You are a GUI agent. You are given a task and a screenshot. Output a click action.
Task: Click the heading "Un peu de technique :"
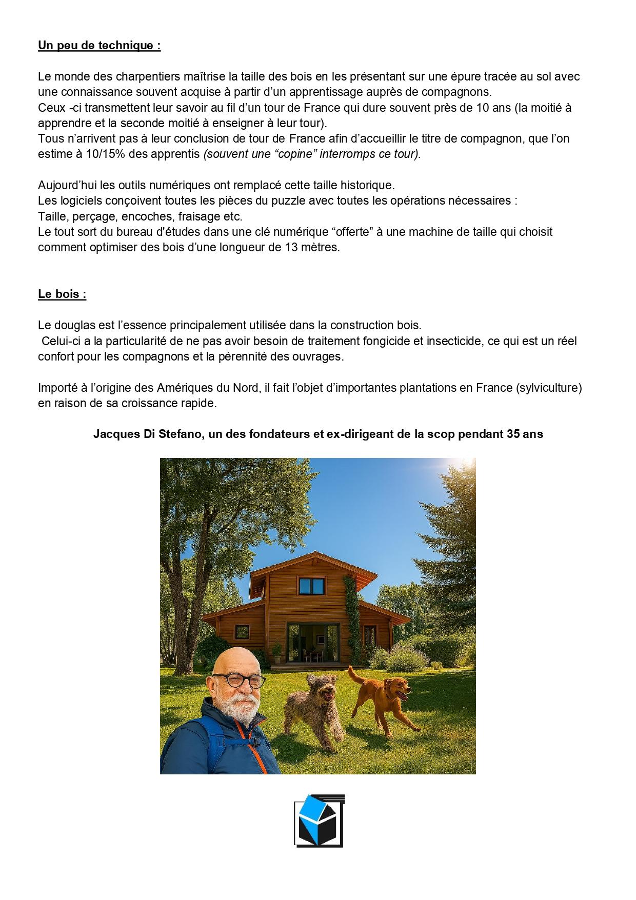[99, 45]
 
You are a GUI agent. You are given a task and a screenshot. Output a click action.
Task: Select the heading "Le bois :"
[62, 294]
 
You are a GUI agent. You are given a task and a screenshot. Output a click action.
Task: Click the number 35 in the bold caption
[513, 434]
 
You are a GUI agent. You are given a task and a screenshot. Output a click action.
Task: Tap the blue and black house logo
[319, 821]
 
